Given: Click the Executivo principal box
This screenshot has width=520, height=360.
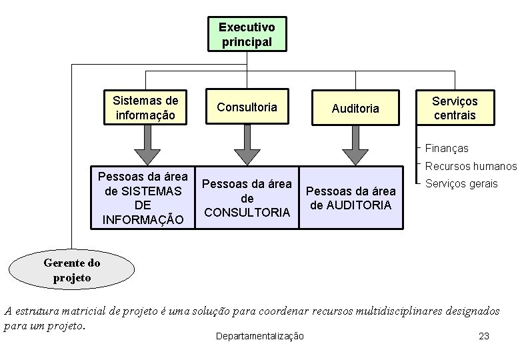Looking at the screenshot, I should point(247,34).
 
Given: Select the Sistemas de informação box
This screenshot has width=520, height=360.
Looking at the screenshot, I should point(145,107).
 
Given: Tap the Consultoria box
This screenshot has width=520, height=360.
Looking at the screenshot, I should point(247,107).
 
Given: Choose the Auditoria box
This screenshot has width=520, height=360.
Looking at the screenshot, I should point(355,108).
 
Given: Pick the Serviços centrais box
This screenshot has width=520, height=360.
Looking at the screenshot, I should point(455,108).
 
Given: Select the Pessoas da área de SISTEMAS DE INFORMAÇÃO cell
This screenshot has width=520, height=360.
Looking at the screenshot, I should point(143,198).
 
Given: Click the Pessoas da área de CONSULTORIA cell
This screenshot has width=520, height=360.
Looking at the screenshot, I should point(247,198).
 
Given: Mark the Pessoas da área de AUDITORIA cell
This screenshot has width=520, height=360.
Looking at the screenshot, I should point(351,198).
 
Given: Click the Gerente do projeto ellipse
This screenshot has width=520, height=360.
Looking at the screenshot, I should point(71,270).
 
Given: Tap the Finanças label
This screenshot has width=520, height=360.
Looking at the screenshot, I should point(446,149).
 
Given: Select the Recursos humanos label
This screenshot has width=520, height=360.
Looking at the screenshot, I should point(471,166).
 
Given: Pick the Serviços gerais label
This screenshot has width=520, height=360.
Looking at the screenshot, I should point(461,183).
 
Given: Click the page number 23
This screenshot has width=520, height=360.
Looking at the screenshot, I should point(484,336).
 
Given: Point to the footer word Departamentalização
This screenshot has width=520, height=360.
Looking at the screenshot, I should point(260,336).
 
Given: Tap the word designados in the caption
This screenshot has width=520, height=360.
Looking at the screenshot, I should point(474,311).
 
